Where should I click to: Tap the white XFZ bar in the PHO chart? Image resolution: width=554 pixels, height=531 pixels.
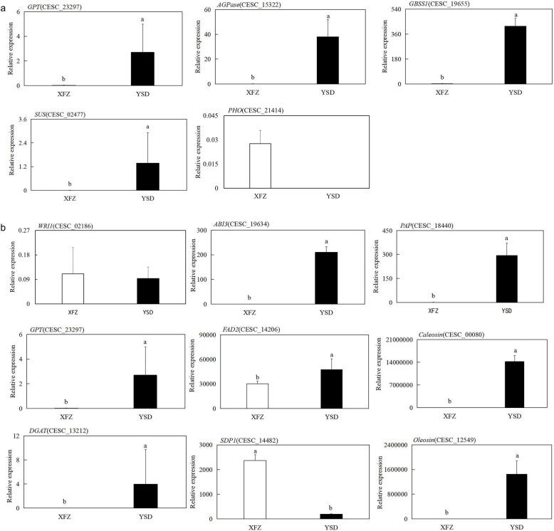coord(260,166)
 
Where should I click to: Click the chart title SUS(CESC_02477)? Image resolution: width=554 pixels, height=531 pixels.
coord(44,112)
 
